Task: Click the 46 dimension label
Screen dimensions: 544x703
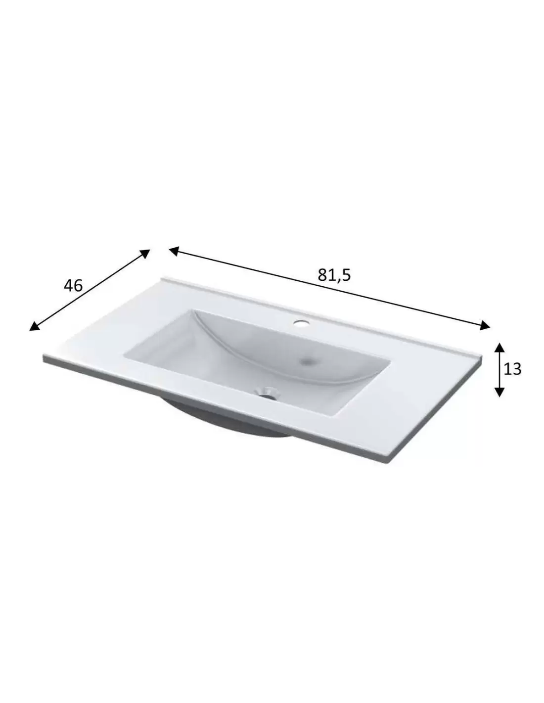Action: tap(73, 286)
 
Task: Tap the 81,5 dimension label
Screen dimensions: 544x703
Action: tap(334, 275)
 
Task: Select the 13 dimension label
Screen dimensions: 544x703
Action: tap(512, 369)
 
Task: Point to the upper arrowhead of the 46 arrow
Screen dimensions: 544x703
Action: tap(144, 253)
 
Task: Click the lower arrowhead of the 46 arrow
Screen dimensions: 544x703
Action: tap(35, 326)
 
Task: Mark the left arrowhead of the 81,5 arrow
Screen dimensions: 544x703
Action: tap(174, 251)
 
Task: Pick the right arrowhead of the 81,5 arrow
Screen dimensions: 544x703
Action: tap(485, 325)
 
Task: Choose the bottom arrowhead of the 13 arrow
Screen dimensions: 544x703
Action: tap(499, 392)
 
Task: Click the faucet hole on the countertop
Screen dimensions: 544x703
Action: tap(301, 323)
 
